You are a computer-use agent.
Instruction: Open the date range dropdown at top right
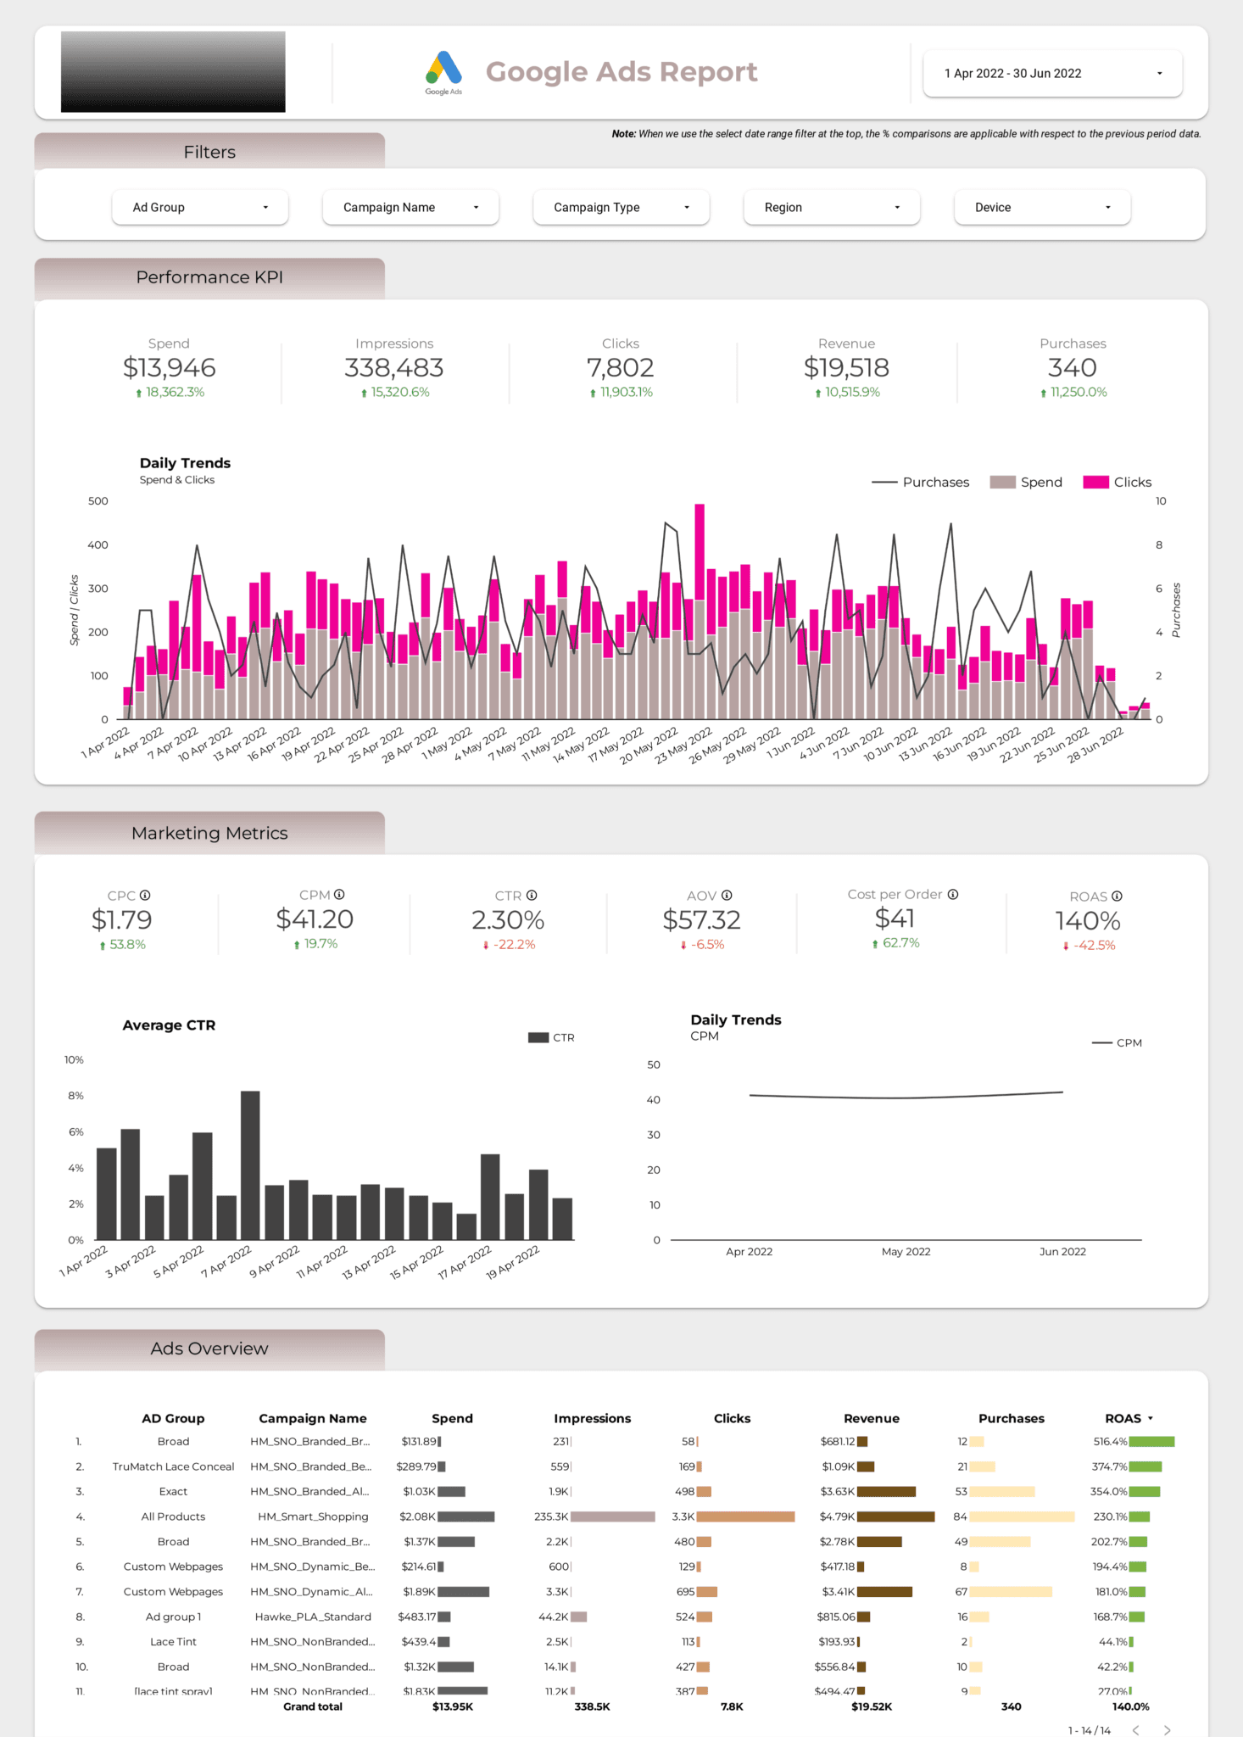1051,74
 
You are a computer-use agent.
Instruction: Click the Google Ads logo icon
443,69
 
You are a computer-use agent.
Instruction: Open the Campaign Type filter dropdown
621,207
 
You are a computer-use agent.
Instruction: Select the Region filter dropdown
831,207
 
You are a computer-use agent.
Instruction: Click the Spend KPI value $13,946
169,367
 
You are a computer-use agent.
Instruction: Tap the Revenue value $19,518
845,367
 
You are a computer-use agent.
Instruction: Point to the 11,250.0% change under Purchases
1078,392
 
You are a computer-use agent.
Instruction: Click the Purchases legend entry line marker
884,482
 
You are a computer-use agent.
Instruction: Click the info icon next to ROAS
1117,896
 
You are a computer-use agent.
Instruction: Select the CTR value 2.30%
508,919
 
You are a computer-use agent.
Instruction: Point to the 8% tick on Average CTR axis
75,1096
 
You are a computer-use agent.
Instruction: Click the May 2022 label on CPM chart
906,1251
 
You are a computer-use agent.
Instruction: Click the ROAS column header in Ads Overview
1123,1418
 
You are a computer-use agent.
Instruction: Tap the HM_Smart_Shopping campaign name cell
313,1516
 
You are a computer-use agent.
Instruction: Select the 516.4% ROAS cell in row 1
1109,1441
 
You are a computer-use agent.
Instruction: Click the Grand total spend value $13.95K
452,1706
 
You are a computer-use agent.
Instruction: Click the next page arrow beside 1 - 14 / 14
1167,1730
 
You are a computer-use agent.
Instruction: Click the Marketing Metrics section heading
209,833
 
